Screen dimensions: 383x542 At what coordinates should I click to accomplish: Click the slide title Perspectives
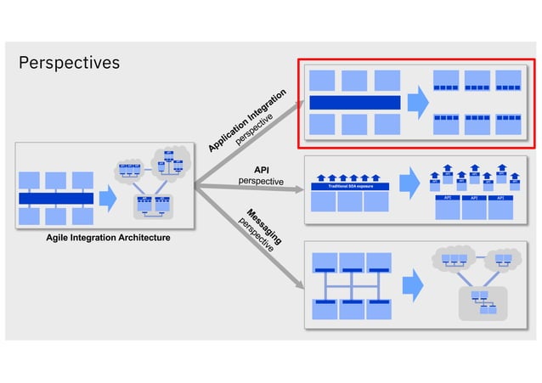(x=69, y=63)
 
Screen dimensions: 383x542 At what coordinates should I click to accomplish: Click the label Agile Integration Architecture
(x=108, y=238)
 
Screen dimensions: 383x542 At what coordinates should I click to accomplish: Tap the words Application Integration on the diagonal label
(x=246, y=121)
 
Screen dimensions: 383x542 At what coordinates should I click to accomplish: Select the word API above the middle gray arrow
(x=261, y=170)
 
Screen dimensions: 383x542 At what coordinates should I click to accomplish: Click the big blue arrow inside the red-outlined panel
(x=417, y=103)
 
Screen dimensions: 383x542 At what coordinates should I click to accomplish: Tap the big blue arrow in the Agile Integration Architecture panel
(x=107, y=198)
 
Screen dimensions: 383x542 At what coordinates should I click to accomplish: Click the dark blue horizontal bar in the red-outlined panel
(x=354, y=103)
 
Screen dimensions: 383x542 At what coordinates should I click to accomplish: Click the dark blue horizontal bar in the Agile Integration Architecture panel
(x=56, y=199)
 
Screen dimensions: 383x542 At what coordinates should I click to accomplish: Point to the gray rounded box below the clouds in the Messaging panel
(x=480, y=302)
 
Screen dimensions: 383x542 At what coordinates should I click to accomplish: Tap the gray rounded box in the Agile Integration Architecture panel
(x=152, y=204)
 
